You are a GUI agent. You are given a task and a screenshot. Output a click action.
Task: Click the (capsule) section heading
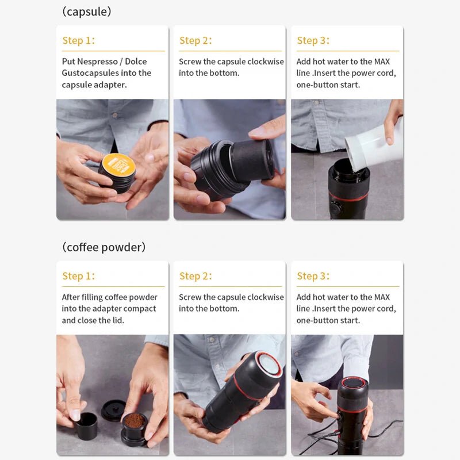coord(87,11)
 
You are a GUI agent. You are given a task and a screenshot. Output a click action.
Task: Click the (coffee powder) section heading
coord(103,247)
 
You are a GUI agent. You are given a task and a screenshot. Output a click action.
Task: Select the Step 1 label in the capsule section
coord(78,40)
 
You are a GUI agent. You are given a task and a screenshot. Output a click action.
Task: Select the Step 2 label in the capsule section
coord(195,40)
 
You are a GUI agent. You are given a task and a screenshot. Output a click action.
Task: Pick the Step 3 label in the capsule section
coord(313,40)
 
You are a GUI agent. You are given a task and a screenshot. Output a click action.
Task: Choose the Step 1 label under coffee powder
coord(78,276)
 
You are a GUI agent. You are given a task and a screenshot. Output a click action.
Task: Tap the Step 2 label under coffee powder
coord(195,276)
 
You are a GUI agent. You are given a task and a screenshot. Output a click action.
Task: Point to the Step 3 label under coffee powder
coord(313,276)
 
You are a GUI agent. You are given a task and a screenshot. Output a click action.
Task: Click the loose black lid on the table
coord(113,409)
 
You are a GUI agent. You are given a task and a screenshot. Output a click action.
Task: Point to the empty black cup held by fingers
coord(87,425)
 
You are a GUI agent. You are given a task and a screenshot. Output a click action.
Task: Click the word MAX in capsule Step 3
coord(382,62)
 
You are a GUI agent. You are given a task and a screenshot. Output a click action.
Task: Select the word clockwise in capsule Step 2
coord(265,62)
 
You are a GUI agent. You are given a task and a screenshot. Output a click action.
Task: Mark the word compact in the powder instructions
coord(140,309)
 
